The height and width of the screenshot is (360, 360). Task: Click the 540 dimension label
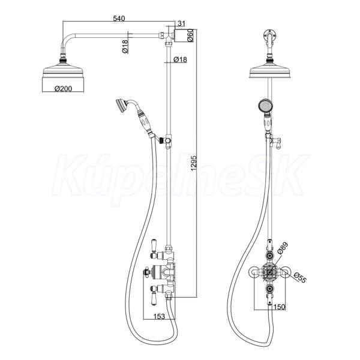click(119, 19)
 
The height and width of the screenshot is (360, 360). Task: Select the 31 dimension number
click(181, 23)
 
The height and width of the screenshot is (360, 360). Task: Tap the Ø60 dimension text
click(191, 35)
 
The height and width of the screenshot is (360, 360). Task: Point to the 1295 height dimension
click(194, 163)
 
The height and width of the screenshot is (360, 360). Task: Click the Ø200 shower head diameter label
click(63, 88)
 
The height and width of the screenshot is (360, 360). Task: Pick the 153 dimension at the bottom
click(159, 316)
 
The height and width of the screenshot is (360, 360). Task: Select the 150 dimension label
click(280, 307)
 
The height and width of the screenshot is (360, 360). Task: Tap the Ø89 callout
click(282, 248)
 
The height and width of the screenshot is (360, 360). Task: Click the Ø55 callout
click(299, 277)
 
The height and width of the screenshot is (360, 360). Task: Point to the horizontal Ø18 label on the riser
click(180, 59)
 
